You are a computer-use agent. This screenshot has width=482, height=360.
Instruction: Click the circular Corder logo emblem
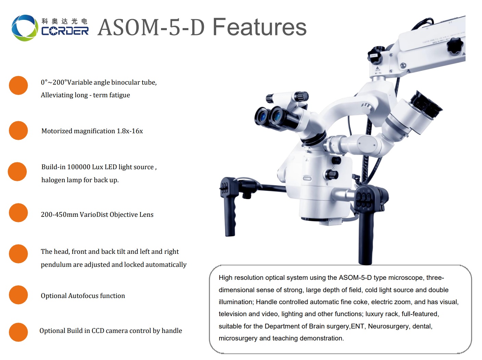(x=24, y=28)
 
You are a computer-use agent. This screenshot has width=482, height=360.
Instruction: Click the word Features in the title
(x=259, y=27)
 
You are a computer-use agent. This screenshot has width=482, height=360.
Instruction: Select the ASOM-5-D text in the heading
(x=151, y=27)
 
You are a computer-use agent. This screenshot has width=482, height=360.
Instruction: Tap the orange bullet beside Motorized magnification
(x=18, y=131)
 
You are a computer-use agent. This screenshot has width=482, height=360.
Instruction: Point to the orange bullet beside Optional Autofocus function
(x=18, y=295)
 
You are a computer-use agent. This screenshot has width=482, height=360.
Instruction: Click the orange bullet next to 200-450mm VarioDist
(x=18, y=213)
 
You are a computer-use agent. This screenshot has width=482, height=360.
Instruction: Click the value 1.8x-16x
(x=130, y=131)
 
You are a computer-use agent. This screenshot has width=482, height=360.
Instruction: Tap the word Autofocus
(x=81, y=296)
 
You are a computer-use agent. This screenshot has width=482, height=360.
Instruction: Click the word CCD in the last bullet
(x=98, y=331)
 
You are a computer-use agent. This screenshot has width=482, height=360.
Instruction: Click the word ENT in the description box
(x=357, y=326)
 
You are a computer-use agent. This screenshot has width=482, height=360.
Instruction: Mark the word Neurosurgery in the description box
(x=388, y=326)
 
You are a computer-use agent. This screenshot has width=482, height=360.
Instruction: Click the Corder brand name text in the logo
(x=65, y=31)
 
